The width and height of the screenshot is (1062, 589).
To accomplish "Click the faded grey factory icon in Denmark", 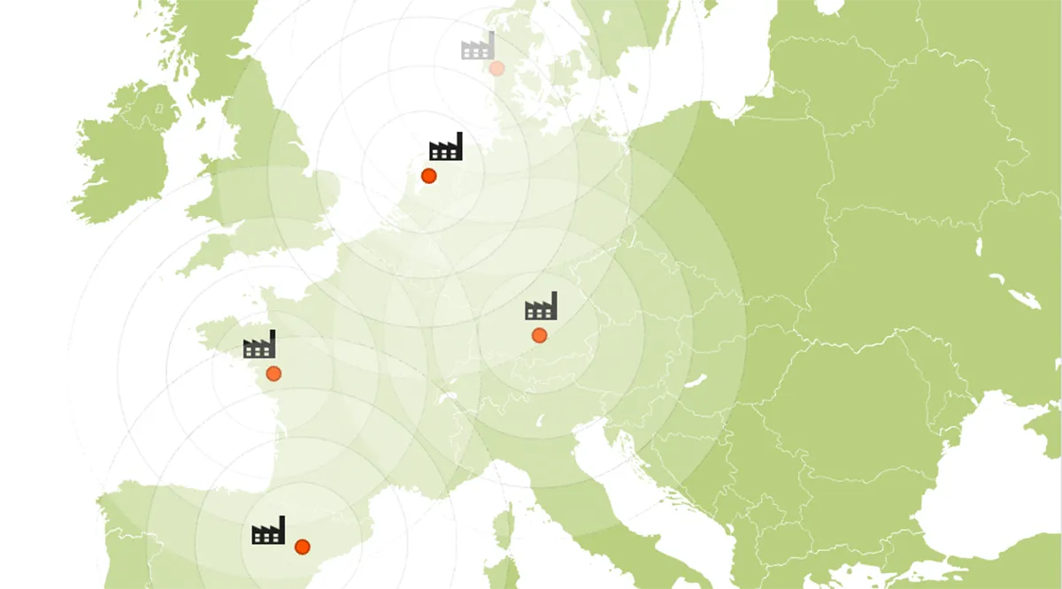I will [478, 46].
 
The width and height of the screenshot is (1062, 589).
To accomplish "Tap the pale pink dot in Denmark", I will [497, 68].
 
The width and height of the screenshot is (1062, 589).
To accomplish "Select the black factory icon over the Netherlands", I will [446, 147].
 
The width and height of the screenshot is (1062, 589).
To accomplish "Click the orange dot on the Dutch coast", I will [429, 176].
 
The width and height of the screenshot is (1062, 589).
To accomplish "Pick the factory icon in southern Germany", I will [541, 306].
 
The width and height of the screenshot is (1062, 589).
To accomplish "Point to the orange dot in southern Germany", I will [539, 335].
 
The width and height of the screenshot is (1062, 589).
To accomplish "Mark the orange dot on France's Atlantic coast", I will [273, 373].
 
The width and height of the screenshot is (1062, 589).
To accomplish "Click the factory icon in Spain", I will [268, 531].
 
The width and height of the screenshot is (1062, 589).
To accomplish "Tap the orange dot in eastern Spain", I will [302, 547].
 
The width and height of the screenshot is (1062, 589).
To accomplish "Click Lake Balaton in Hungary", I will [696, 381].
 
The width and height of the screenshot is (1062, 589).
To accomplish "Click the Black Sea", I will [973, 495].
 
